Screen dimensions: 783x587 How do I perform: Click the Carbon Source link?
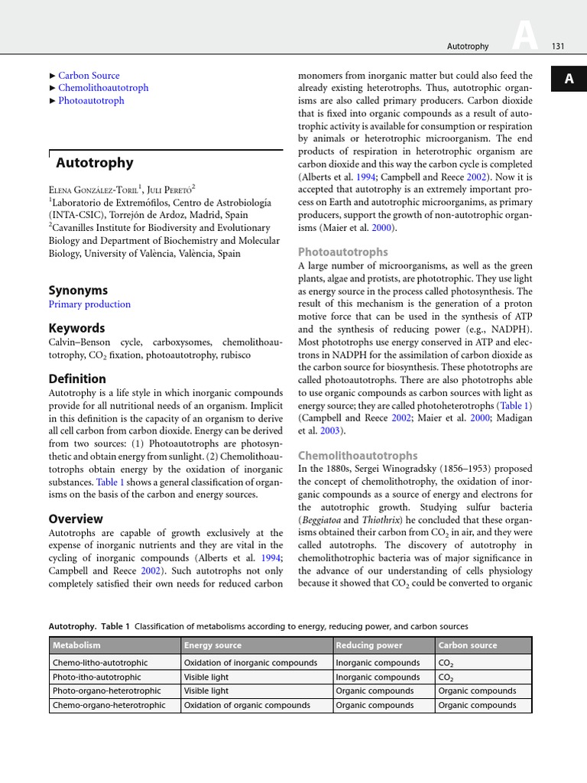(x=89, y=76)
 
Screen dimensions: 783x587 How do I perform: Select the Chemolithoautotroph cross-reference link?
(x=103, y=88)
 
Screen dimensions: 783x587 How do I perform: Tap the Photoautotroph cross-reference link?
(x=91, y=100)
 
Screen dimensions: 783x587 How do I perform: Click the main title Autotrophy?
(x=95, y=162)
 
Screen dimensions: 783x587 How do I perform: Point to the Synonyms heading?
(x=78, y=290)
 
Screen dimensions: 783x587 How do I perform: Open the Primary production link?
(x=89, y=304)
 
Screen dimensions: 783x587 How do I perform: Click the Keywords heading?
(x=76, y=328)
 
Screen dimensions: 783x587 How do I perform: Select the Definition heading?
(x=77, y=379)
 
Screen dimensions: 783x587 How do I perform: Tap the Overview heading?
(x=76, y=518)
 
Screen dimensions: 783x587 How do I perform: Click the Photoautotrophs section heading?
(x=342, y=252)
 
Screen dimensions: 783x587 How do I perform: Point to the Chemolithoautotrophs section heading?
(x=358, y=455)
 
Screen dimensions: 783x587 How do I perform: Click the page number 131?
(x=557, y=47)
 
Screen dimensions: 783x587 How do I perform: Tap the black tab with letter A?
(x=568, y=80)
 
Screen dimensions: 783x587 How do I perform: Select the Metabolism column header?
(x=76, y=645)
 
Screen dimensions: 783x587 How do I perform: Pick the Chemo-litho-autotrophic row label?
(x=100, y=663)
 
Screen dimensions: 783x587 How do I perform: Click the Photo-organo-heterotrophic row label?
(x=106, y=690)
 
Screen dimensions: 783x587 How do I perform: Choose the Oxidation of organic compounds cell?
(x=247, y=705)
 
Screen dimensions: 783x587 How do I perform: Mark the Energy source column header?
(x=212, y=645)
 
